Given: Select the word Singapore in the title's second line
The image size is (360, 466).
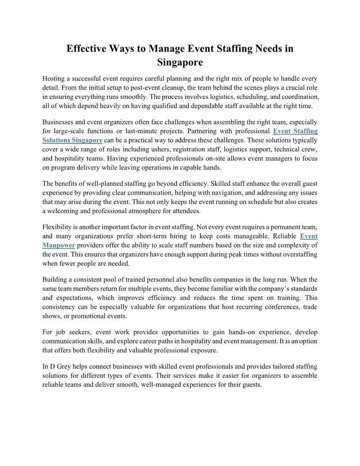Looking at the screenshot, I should (180, 63).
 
